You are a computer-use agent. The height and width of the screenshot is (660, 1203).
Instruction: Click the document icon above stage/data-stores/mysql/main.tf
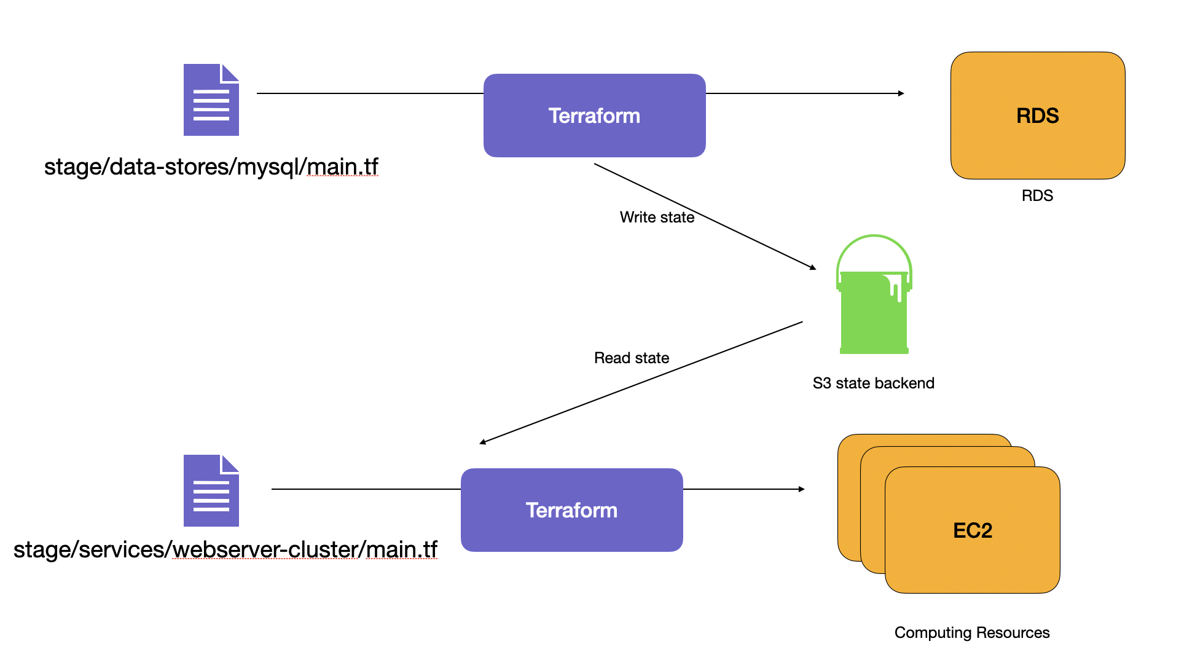(x=211, y=100)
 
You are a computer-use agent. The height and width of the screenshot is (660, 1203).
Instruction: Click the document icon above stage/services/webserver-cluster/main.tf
(x=211, y=490)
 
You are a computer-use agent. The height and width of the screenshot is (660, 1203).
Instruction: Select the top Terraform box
(x=594, y=116)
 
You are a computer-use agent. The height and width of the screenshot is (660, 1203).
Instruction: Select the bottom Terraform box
(x=571, y=510)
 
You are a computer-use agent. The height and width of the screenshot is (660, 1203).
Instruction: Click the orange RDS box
(x=1037, y=116)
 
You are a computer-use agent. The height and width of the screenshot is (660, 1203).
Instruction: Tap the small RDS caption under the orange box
(x=1037, y=195)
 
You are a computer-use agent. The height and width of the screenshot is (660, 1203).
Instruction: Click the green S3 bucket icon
(x=873, y=313)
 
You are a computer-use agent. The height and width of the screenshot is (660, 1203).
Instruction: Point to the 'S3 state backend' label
(x=873, y=383)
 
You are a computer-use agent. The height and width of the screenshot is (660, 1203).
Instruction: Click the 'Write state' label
(x=657, y=217)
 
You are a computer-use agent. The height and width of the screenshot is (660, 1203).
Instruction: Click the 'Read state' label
(x=631, y=358)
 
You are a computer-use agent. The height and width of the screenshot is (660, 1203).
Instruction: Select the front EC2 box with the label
(x=972, y=530)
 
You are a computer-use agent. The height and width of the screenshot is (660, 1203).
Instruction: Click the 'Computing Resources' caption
(x=971, y=632)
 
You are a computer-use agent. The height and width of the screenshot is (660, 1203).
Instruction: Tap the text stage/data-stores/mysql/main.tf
(x=211, y=167)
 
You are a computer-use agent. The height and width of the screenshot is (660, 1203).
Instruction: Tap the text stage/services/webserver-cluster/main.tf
(x=225, y=549)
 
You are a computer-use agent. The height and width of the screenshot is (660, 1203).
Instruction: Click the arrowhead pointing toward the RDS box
(x=901, y=93)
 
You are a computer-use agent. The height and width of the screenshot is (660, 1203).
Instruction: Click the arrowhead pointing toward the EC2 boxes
(x=801, y=489)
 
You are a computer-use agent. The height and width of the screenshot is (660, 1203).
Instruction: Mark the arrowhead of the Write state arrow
(x=813, y=267)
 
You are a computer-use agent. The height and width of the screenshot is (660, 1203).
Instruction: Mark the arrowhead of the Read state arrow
(x=483, y=441)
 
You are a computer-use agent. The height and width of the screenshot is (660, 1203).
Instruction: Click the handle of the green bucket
(x=874, y=241)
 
